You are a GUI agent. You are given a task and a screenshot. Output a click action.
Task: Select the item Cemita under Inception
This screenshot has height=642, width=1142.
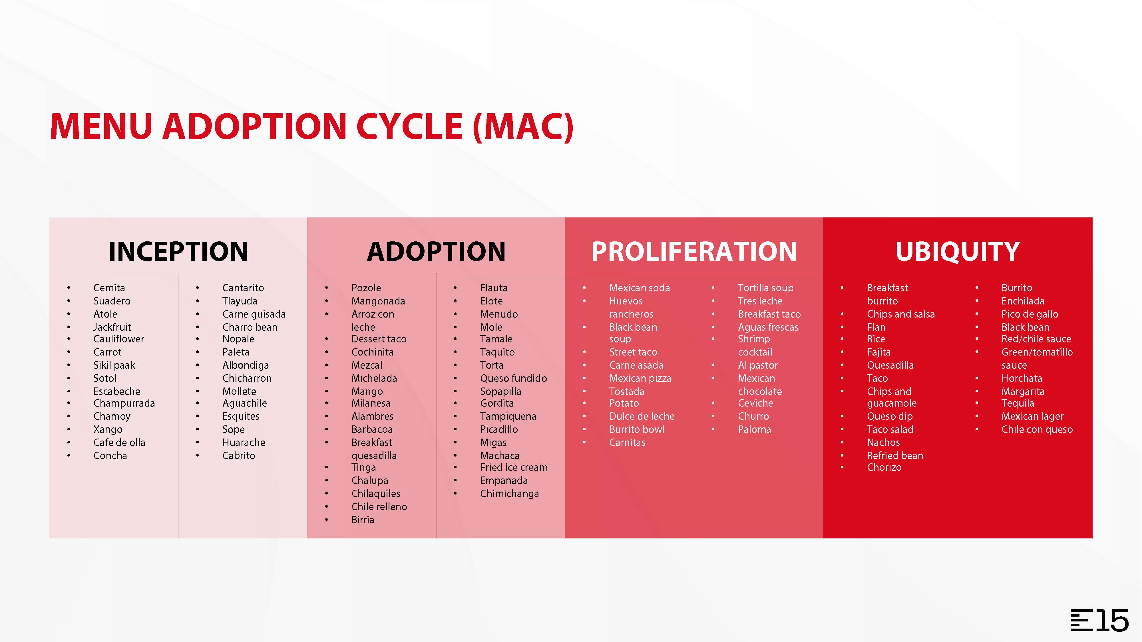(109, 288)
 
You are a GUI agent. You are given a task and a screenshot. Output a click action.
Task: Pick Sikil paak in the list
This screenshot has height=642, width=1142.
(114, 365)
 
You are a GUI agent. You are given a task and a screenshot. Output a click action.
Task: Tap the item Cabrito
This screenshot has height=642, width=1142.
(238, 455)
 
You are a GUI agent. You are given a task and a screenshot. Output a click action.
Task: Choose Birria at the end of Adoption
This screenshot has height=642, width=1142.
(363, 520)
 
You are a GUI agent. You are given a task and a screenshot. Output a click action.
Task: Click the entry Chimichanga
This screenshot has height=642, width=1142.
(509, 494)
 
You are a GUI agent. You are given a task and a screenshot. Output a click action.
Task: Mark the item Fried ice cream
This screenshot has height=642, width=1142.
(514, 467)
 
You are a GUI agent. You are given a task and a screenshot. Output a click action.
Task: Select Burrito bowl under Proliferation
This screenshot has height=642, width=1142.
(637, 429)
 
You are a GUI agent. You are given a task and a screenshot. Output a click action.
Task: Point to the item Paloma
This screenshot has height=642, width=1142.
(754, 429)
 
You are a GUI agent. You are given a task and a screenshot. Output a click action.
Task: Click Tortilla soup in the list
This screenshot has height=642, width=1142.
(766, 288)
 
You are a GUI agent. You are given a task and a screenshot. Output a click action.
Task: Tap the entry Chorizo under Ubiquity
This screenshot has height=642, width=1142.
(884, 467)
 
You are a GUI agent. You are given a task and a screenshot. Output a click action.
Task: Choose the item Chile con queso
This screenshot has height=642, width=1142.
(1037, 429)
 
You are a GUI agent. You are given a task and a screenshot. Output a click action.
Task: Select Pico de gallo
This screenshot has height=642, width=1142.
(1030, 314)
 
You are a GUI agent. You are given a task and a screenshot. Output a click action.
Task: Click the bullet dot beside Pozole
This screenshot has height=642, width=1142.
(327, 288)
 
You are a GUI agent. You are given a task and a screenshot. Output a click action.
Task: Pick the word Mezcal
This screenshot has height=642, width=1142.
(367, 365)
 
